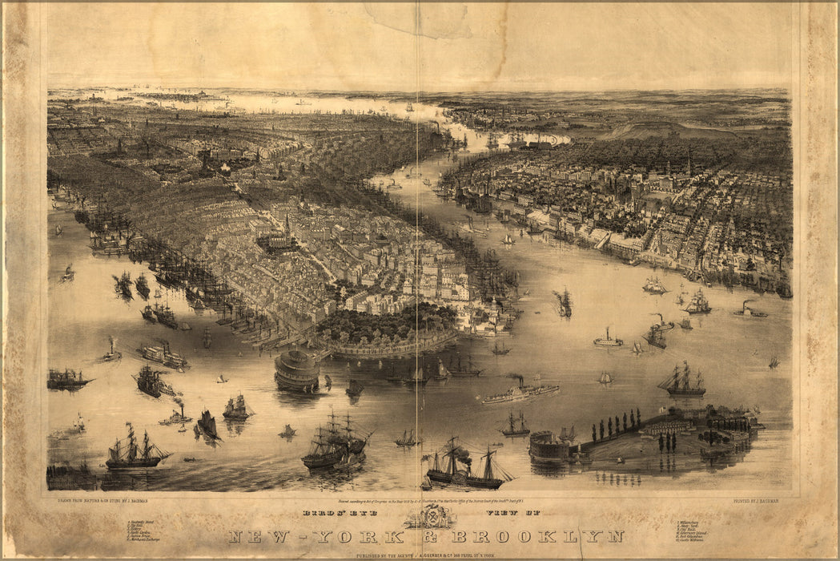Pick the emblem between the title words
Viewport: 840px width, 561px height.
[x=431, y=516]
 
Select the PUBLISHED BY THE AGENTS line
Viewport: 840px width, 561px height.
[x=430, y=555]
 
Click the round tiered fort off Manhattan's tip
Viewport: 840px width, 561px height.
[x=297, y=370]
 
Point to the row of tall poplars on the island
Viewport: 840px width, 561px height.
[x=617, y=422]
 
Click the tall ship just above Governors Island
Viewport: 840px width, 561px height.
[x=681, y=380]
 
